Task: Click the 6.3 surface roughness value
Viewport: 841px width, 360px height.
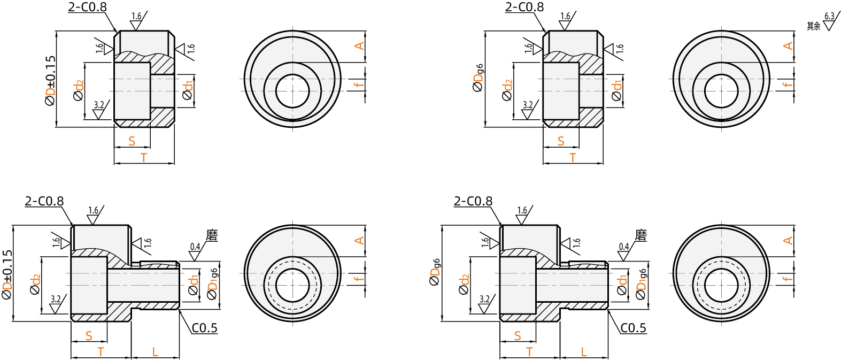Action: click(829, 17)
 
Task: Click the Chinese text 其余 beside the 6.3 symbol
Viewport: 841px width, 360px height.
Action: click(813, 26)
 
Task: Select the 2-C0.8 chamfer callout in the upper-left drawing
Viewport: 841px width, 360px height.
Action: click(87, 7)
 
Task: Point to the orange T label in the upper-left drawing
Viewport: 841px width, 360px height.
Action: click(144, 157)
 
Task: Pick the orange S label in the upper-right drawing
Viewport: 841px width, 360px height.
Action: click(561, 141)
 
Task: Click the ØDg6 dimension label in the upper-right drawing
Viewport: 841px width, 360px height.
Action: click(479, 78)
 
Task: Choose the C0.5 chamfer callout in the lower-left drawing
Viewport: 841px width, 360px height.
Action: click(205, 328)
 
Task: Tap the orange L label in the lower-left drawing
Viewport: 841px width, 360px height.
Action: click(155, 352)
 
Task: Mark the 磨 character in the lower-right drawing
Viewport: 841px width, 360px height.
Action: click(641, 235)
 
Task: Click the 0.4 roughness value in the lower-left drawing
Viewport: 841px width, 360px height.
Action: click(195, 247)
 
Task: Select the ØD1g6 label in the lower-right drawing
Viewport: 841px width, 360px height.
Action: click(641, 284)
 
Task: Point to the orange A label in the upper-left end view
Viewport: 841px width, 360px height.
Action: click(359, 46)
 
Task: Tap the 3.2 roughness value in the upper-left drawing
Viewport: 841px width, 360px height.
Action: click(99, 105)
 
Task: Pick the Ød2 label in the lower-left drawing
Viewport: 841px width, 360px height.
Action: click(36, 285)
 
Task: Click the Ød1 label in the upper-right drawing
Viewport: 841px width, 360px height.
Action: click(617, 90)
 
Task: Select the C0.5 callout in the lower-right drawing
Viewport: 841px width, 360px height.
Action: click(634, 328)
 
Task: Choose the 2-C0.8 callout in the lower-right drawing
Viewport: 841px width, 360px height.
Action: click(473, 201)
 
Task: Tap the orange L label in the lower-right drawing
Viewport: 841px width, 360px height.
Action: click(584, 352)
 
